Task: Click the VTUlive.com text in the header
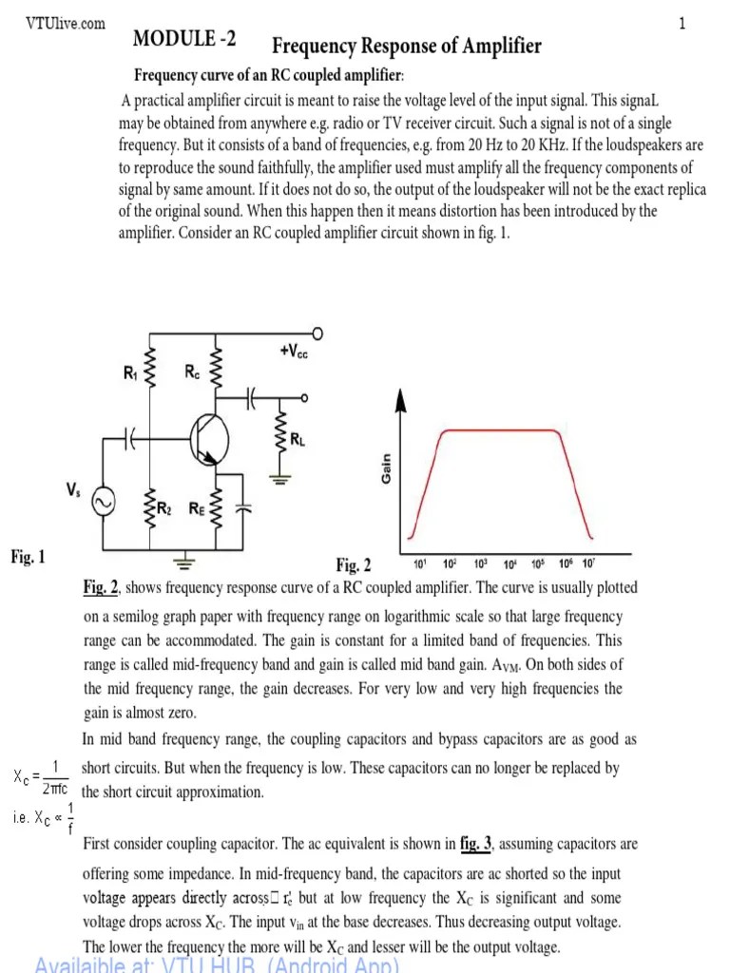point(66,24)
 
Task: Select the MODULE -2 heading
point(185,40)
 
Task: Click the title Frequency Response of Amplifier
point(407,46)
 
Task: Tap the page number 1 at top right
point(682,24)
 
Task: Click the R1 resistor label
point(130,373)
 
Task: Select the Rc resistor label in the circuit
point(192,373)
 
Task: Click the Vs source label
point(73,488)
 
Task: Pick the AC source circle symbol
point(101,503)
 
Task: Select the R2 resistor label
point(164,508)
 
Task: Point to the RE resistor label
point(196,508)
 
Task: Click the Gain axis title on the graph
point(387,469)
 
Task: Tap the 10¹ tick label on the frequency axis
point(419,563)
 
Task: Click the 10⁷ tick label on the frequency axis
point(588,563)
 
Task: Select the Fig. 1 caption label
point(28,557)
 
